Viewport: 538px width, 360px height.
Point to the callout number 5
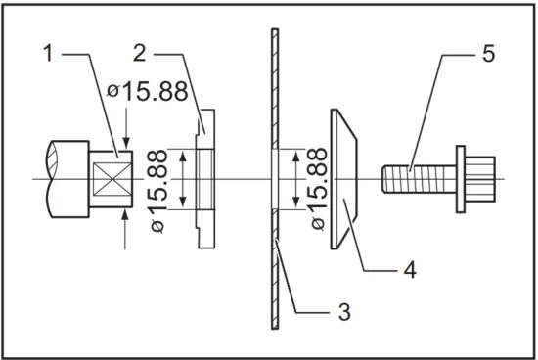[488, 54]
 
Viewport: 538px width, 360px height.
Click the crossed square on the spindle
[109, 180]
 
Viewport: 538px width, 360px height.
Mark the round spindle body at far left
[64, 180]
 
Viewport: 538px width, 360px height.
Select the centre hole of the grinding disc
[274, 180]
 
